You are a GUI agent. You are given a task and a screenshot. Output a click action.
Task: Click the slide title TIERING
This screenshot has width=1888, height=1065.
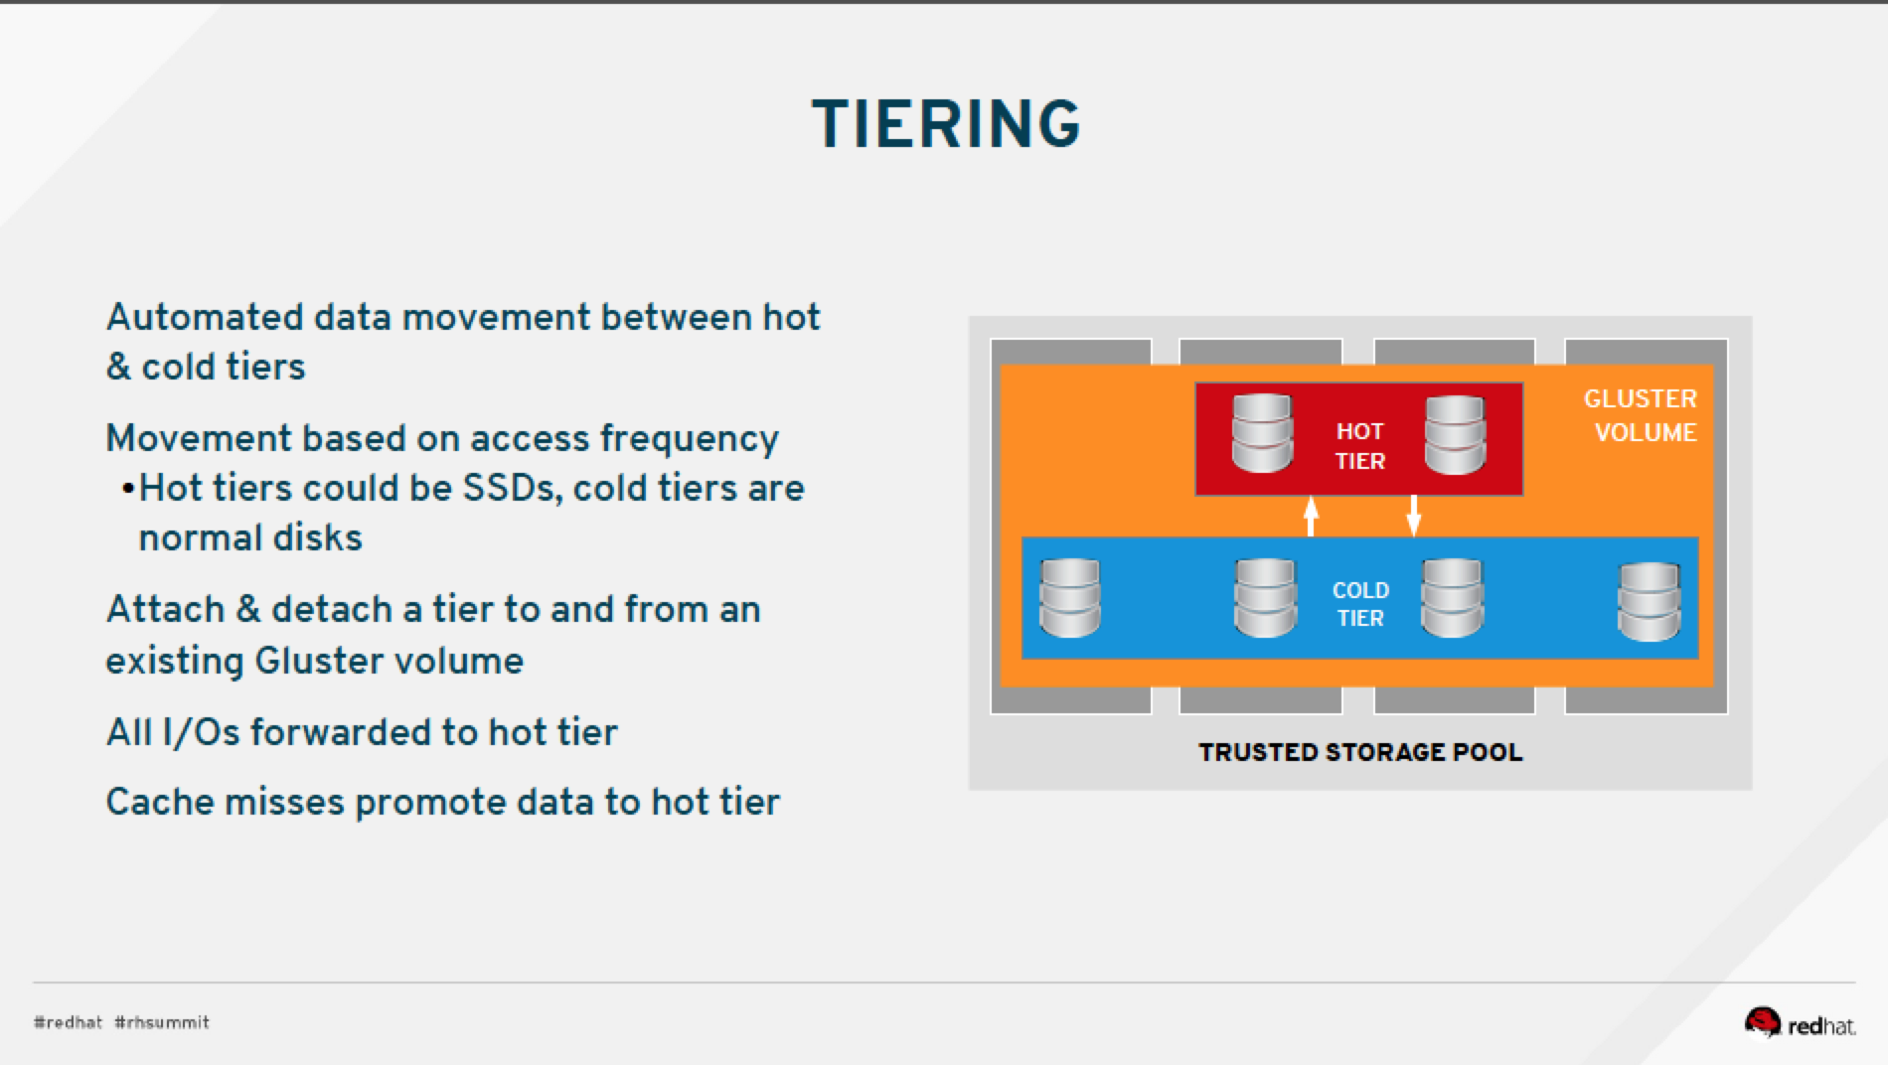click(945, 124)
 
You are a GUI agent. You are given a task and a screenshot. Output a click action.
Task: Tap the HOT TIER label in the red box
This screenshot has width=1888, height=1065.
click(1359, 445)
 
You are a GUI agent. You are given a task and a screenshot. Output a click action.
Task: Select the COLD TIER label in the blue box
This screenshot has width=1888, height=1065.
click(1359, 603)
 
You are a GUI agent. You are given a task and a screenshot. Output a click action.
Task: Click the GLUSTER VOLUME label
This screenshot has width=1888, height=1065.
click(1641, 415)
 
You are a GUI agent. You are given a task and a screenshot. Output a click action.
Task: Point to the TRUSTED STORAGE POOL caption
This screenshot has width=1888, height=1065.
click(1359, 752)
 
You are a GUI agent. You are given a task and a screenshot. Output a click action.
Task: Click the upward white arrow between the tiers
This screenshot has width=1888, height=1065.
click(1311, 517)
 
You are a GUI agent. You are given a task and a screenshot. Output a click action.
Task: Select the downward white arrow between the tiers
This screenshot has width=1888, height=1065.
click(1413, 517)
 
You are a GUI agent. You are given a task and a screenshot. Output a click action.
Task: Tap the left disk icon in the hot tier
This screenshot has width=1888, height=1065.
click(1262, 433)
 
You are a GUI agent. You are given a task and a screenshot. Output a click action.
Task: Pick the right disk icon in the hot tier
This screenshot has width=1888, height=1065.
click(1455, 434)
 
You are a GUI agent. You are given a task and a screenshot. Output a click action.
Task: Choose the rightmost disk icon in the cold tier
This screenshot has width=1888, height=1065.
click(1649, 601)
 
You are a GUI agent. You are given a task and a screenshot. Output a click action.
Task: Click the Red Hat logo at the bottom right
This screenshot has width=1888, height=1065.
click(1799, 1023)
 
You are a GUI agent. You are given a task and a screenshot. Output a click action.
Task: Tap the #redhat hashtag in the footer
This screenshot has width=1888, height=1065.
click(68, 1022)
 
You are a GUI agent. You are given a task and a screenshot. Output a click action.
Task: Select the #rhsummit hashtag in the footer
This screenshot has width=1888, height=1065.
click(162, 1022)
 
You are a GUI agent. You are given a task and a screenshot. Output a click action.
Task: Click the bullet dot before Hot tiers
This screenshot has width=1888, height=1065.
click(127, 490)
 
